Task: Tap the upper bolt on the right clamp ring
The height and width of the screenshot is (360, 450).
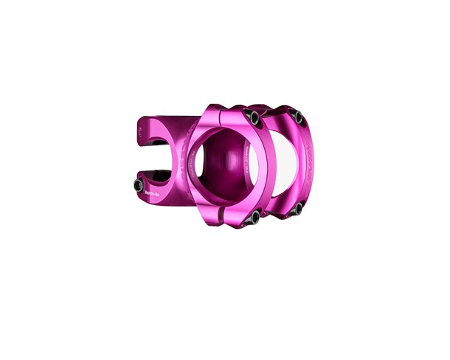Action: (297, 117)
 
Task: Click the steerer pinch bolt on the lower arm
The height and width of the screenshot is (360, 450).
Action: (139, 184)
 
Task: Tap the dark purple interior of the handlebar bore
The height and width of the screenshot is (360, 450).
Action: (221, 162)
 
